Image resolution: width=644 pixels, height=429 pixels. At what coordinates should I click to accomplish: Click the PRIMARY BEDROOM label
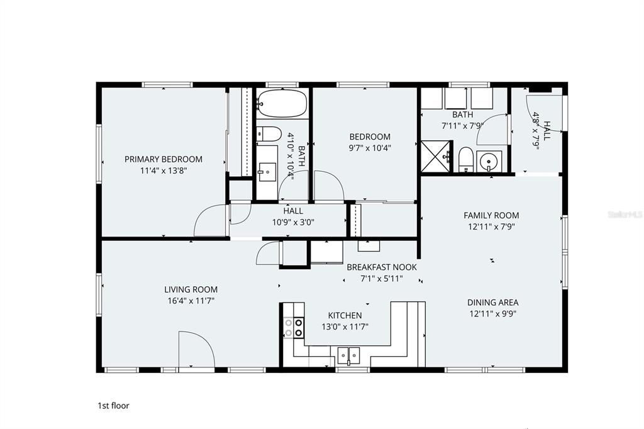(164, 159)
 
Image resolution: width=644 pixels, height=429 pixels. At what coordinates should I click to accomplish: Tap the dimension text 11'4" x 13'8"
(164, 170)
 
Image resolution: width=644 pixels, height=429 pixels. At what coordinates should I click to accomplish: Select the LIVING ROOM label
(191, 290)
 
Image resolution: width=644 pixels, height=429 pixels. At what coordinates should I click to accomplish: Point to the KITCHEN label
(345, 316)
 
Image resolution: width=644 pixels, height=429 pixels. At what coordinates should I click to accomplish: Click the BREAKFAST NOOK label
(382, 267)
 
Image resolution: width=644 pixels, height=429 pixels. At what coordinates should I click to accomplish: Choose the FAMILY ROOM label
(491, 215)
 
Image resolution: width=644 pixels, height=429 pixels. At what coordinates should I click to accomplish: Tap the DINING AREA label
(493, 303)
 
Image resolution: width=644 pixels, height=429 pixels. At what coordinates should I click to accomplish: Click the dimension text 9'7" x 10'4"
(370, 148)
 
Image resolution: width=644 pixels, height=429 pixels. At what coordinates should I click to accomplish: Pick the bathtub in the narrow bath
(282, 103)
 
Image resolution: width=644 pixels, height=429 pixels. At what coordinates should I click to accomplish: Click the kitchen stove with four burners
(294, 327)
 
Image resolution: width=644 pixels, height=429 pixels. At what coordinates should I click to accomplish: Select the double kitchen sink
(348, 354)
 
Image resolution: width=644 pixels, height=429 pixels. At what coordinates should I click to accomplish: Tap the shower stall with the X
(436, 157)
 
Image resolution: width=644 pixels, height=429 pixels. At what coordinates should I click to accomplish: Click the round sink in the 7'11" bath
(489, 161)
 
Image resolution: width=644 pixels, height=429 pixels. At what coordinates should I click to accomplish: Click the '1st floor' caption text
(113, 406)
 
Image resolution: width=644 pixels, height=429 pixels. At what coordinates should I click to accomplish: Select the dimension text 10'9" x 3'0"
(293, 223)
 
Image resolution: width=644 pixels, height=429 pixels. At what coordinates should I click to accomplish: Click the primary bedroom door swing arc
(209, 220)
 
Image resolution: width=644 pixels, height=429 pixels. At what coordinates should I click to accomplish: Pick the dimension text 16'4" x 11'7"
(191, 301)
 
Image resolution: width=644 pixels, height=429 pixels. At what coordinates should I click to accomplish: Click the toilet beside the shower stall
(466, 159)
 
